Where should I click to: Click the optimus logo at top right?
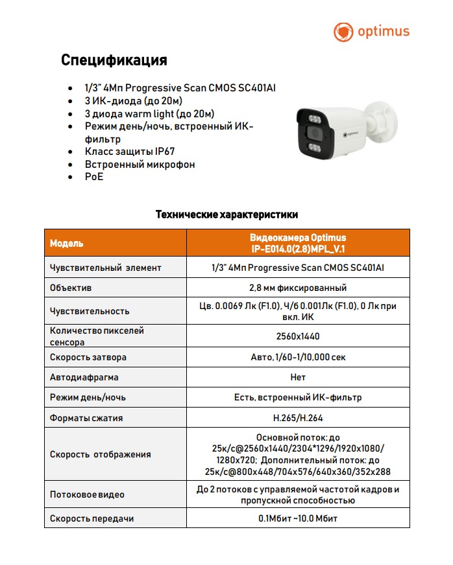(x=371, y=32)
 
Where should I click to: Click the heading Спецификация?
(x=114, y=60)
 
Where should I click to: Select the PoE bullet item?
(x=94, y=176)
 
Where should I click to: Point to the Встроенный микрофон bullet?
(x=140, y=164)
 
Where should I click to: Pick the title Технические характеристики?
(x=226, y=214)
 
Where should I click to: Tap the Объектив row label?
(x=71, y=287)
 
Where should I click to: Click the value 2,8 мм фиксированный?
(x=298, y=288)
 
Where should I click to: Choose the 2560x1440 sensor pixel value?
(x=298, y=336)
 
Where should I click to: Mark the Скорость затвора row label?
(x=88, y=357)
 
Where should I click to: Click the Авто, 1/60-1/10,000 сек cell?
(x=298, y=357)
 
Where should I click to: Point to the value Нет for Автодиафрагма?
(x=298, y=377)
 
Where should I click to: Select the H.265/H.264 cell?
(x=298, y=418)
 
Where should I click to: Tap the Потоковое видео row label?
(x=87, y=494)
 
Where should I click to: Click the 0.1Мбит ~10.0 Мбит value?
(x=298, y=518)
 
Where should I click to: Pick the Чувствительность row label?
(x=90, y=311)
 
